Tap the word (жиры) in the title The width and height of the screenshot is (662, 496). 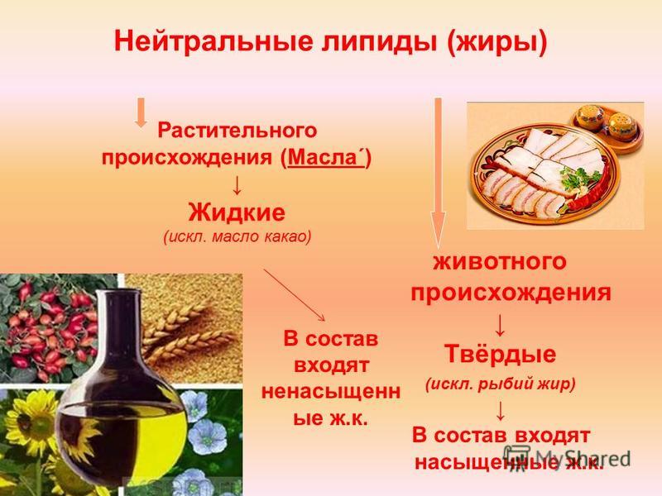[496, 43]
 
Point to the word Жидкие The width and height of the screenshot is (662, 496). [237, 212]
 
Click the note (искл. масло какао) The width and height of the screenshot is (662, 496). [237, 236]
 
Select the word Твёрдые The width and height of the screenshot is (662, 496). [500, 354]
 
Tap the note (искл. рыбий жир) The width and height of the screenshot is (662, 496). [501, 384]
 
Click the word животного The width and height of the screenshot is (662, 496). [500, 261]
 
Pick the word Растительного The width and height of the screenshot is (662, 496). [237, 130]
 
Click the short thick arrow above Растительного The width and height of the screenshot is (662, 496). [141, 112]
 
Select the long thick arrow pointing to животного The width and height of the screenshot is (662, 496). [438, 173]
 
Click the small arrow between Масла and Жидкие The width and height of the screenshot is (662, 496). [237, 184]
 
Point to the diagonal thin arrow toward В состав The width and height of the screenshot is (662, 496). [295, 294]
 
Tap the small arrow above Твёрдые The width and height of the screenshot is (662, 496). [500, 325]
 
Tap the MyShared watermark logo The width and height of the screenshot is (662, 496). [567, 459]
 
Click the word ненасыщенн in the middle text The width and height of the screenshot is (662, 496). [331, 391]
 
